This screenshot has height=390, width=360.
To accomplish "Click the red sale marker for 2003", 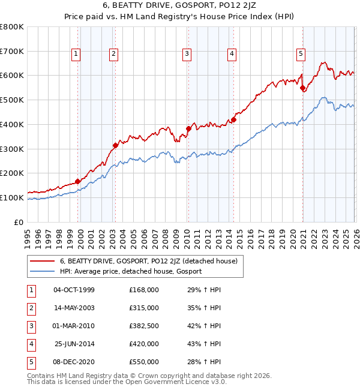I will pos(115,145).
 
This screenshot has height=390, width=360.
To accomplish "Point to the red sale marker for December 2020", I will pos(302,88).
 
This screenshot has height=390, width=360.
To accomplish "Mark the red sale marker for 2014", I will pos(233,119).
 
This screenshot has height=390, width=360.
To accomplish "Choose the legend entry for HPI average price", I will pos(131,271).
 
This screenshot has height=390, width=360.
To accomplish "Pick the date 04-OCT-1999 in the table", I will pos(74,290).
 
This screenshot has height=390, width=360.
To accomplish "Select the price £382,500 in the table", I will pos(144,326).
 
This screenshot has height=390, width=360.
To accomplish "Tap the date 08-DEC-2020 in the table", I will pos(74,362).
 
